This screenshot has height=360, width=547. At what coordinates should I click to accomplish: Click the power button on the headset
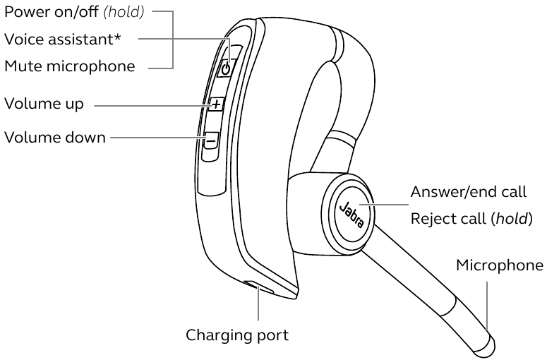tap(225, 68)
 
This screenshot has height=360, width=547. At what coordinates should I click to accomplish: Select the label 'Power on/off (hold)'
tap(74, 12)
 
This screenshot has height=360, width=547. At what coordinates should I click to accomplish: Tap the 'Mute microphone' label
tap(69, 66)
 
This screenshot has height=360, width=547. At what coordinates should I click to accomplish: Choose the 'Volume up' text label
tap(44, 104)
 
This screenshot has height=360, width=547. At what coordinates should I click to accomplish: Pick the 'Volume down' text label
tap(55, 137)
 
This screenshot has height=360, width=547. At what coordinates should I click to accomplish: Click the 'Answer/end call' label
tap(469, 192)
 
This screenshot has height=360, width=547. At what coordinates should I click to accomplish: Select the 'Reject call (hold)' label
tap(471, 219)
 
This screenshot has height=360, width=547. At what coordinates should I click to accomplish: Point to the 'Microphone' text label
tap(499, 265)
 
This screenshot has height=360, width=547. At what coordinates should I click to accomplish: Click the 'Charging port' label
tap(237, 335)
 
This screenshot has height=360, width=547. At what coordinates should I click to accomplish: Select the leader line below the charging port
tap(258, 307)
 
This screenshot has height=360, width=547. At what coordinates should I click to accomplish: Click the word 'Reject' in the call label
tap(432, 220)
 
